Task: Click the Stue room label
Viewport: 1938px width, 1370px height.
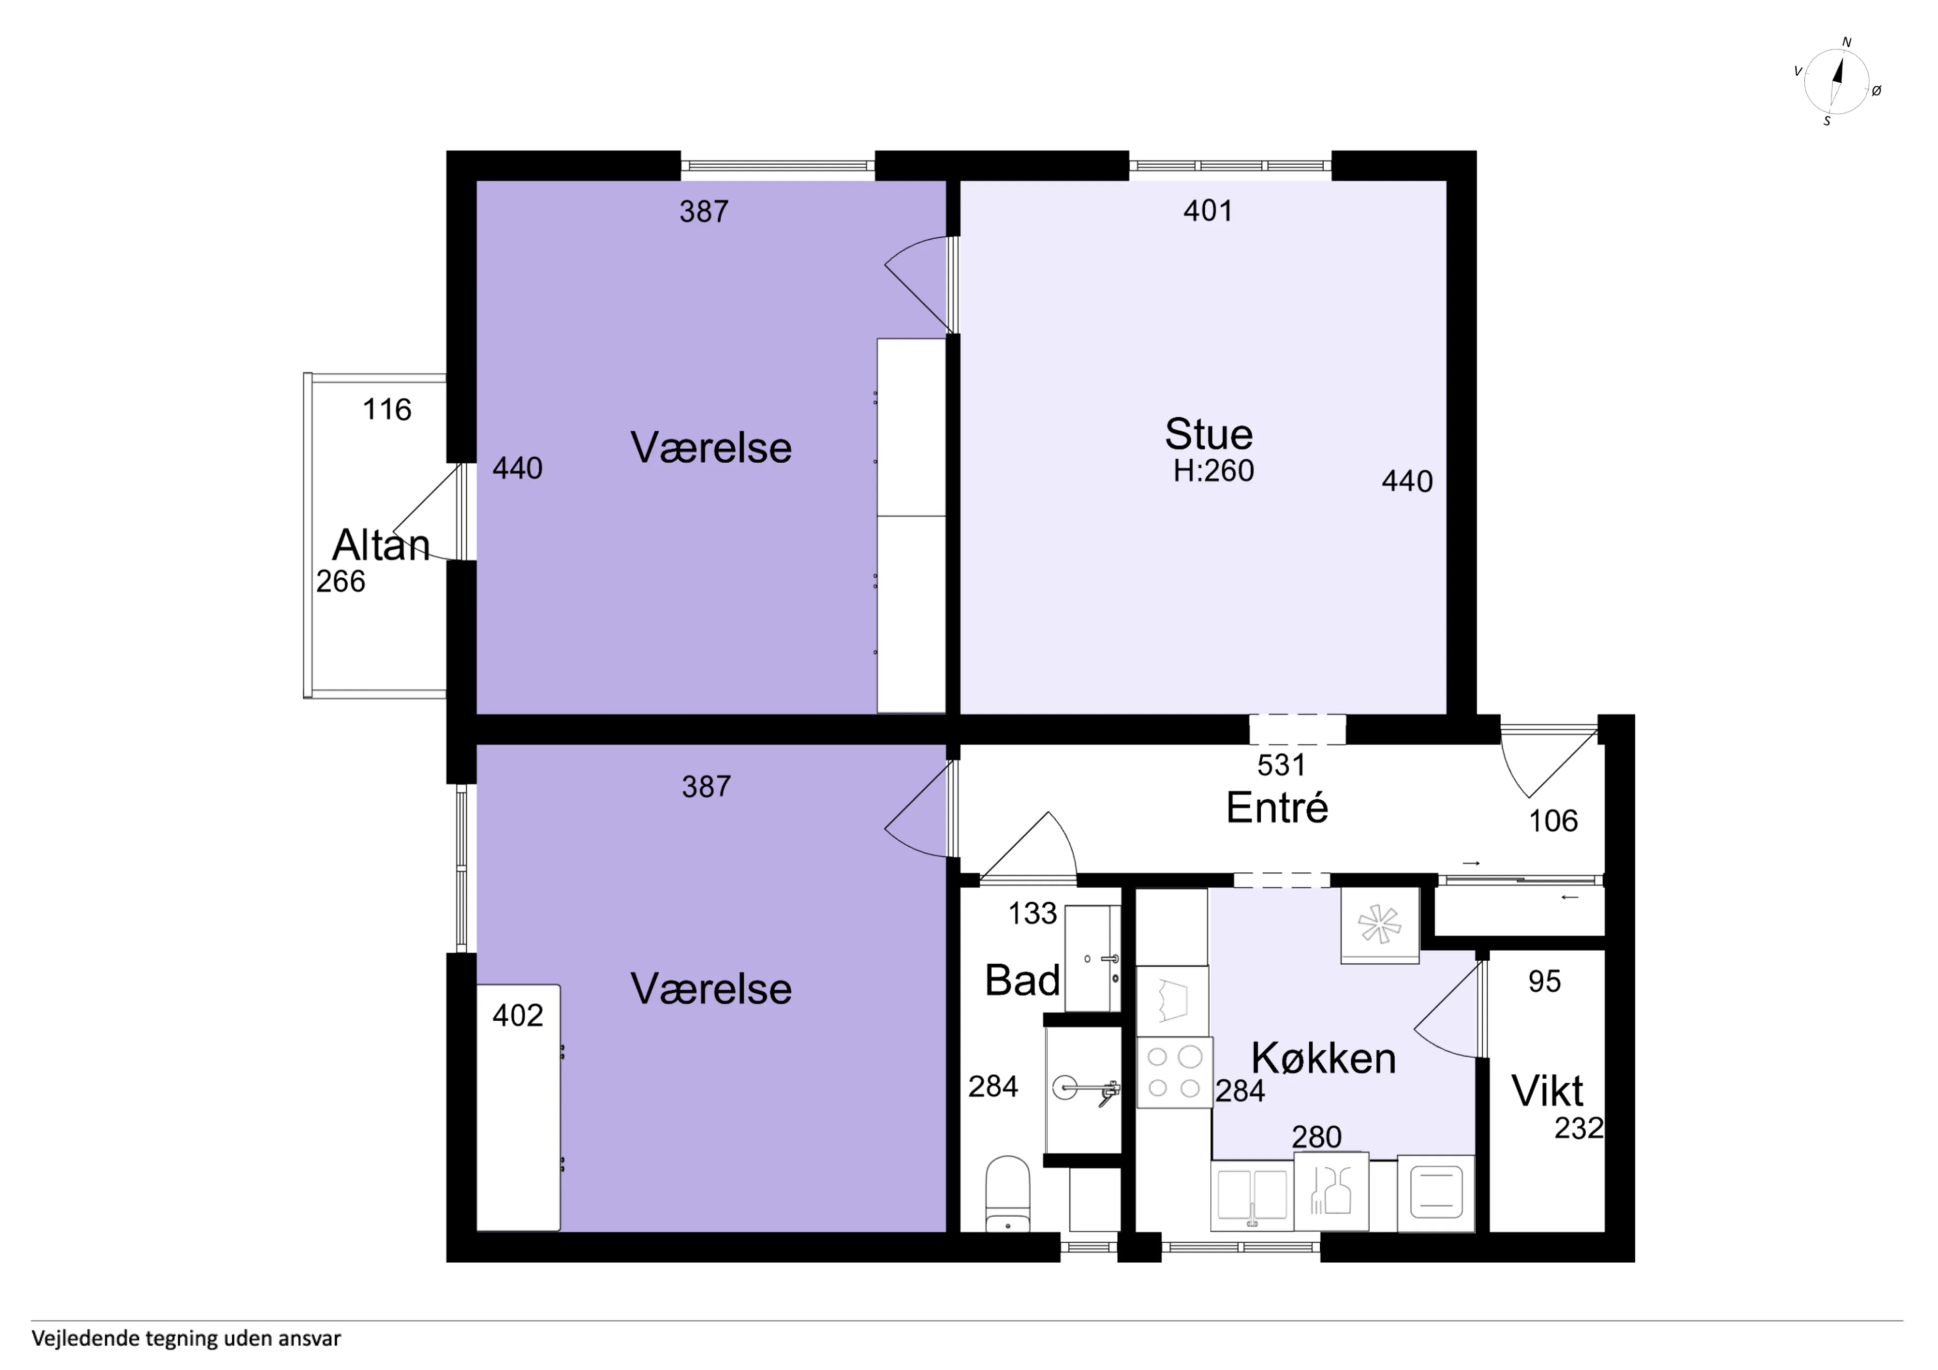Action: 1209,435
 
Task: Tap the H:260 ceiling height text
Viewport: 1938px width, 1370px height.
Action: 1214,471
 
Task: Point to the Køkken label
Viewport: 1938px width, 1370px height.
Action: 1323,1058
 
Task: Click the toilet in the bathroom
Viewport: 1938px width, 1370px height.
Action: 1008,1193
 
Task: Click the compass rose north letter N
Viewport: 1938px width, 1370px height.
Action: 1846,42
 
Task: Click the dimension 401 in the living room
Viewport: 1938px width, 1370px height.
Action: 1208,210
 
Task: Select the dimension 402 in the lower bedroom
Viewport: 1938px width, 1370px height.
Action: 517,1015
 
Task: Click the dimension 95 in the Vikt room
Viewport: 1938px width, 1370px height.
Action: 1545,981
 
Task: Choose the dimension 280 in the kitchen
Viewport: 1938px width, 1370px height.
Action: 1317,1137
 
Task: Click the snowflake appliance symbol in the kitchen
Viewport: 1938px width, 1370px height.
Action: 1379,924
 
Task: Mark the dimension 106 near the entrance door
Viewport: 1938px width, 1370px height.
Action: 1553,820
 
